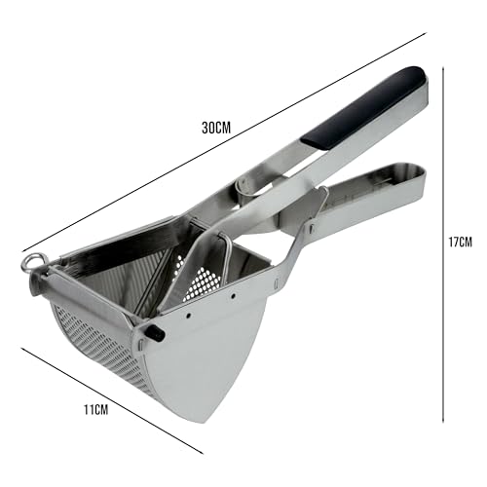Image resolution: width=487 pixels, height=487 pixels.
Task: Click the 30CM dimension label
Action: tap(216, 128)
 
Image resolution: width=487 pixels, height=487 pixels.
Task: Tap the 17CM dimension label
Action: tap(460, 242)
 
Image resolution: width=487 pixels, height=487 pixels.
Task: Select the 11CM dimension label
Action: tap(96, 410)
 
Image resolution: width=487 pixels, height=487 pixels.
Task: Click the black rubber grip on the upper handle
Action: tap(364, 107)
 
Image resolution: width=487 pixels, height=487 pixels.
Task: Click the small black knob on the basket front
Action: tap(155, 332)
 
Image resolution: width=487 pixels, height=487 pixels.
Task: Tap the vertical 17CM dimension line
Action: tap(443, 244)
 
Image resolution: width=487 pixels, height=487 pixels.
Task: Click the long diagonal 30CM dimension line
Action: tap(224, 142)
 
